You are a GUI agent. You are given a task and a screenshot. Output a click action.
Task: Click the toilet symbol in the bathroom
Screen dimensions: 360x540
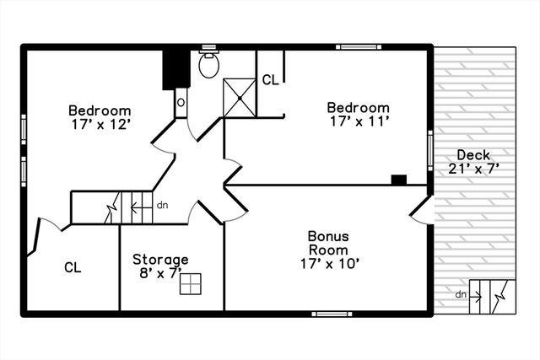pos(209,64)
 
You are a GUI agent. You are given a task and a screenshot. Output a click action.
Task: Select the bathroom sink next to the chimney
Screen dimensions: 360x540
pos(181,103)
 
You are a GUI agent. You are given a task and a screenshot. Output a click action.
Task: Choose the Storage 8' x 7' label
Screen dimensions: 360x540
pos(160,266)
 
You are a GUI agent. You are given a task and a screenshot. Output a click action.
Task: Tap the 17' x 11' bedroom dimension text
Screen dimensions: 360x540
pos(358,121)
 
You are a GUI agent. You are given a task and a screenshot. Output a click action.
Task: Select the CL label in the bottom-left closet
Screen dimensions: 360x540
pos(73,267)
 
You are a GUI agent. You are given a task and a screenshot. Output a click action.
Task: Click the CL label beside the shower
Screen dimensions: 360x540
pos(270,80)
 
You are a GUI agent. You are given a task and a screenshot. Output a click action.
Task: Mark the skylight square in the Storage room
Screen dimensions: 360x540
pos(191,284)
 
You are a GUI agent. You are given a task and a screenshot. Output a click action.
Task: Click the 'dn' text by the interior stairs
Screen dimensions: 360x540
pos(162,204)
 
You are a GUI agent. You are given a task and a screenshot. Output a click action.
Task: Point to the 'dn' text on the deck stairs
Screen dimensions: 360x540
pos(461,294)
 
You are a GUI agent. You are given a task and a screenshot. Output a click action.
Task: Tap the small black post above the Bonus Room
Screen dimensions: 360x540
pos(399,179)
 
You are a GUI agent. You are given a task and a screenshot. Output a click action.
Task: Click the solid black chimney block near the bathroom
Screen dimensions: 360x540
pos(175,67)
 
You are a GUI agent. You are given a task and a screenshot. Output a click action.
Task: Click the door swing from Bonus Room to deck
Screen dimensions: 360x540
pos(422,210)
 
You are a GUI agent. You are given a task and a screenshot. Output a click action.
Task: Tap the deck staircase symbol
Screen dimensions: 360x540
pos(492,295)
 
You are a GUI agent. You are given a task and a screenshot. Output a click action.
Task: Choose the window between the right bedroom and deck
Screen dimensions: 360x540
pos(430,150)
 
